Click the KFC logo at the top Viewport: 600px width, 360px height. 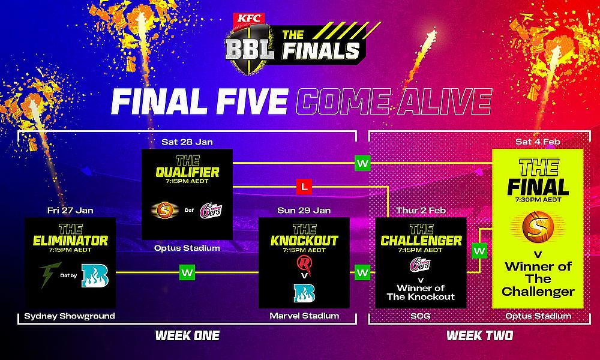coord(250,18)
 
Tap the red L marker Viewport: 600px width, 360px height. coord(304,187)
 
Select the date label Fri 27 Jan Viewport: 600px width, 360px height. coord(70,211)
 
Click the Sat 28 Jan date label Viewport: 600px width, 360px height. coord(187,142)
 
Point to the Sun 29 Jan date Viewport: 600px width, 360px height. coord(304,211)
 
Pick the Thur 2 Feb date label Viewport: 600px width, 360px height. coord(421,211)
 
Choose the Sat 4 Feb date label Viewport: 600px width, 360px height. coord(538,142)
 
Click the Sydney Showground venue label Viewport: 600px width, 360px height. coord(70,316)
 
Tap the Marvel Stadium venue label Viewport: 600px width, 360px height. coord(304,316)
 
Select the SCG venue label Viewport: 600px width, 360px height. coord(421,316)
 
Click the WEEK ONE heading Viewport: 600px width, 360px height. coord(187,335)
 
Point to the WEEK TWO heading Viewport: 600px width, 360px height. coord(479,335)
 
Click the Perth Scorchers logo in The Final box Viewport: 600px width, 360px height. coord(538,226)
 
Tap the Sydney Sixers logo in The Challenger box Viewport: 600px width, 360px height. coord(420,265)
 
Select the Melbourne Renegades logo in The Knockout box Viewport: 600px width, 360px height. coord(304,265)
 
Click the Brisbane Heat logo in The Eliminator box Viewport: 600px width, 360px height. coord(95,276)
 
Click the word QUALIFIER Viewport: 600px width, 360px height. coord(187,172)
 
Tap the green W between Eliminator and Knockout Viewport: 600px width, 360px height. coord(187,272)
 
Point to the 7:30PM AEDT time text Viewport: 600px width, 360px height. coord(538,200)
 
